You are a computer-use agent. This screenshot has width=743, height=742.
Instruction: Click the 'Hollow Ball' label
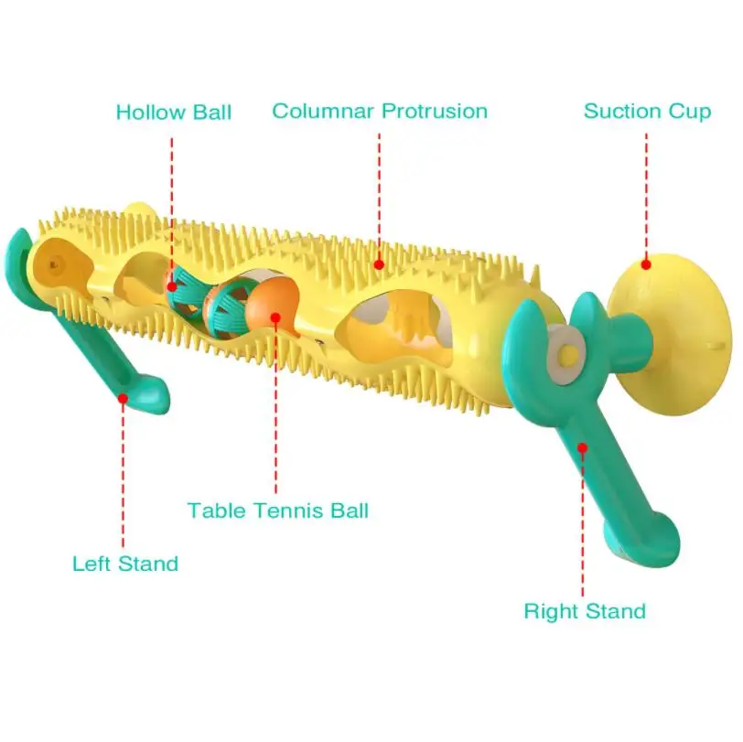pyautogui.click(x=173, y=113)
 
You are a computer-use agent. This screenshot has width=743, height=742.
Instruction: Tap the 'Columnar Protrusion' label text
pyautogui.click(x=380, y=112)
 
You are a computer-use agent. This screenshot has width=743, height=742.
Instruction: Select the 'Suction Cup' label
pyautogui.click(x=647, y=112)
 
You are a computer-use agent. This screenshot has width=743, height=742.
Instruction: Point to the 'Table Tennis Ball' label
pyautogui.click(x=278, y=510)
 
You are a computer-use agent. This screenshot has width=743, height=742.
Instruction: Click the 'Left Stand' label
pyautogui.click(x=125, y=564)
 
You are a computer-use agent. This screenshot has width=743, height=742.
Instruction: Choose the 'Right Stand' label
pyautogui.click(x=585, y=610)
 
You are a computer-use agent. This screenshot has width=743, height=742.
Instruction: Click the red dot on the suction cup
pyautogui.click(x=645, y=264)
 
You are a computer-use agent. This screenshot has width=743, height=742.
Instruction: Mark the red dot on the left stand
pyautogui.click(x=123, y=398)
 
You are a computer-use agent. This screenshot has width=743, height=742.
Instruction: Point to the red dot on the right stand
pyautogui.click(x=581, y=447)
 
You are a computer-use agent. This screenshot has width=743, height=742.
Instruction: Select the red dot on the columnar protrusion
pyautogui.click(x=380, y=265)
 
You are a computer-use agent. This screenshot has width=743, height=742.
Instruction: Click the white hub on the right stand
pyautogui.click(x=569, y=354)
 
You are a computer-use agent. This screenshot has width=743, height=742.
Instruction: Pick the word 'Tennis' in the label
pyautogui.click(x=277, y=510)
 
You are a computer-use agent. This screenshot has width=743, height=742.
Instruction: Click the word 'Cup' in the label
pyautogui.click(x=690, y=112)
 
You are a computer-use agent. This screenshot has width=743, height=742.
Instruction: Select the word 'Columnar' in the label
pyautogui.click(x=322, y=112)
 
